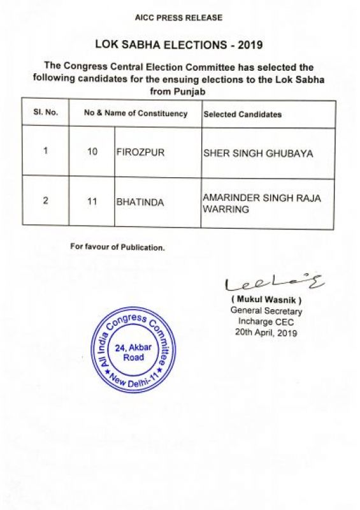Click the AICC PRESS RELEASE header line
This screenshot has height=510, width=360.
point(178,18)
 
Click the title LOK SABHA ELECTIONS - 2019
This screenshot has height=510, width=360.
point(178,45)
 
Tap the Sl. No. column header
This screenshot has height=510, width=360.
point(45,113)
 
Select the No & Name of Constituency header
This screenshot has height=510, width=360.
point(136,113)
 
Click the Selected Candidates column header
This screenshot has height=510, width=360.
point(242,114)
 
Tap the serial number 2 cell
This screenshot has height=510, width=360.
point(45,202)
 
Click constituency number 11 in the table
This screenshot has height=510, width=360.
point(92,202)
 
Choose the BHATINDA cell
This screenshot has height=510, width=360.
point(140,203)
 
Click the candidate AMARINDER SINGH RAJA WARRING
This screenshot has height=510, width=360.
point(261,203)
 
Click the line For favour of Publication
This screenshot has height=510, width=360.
point(117,247)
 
